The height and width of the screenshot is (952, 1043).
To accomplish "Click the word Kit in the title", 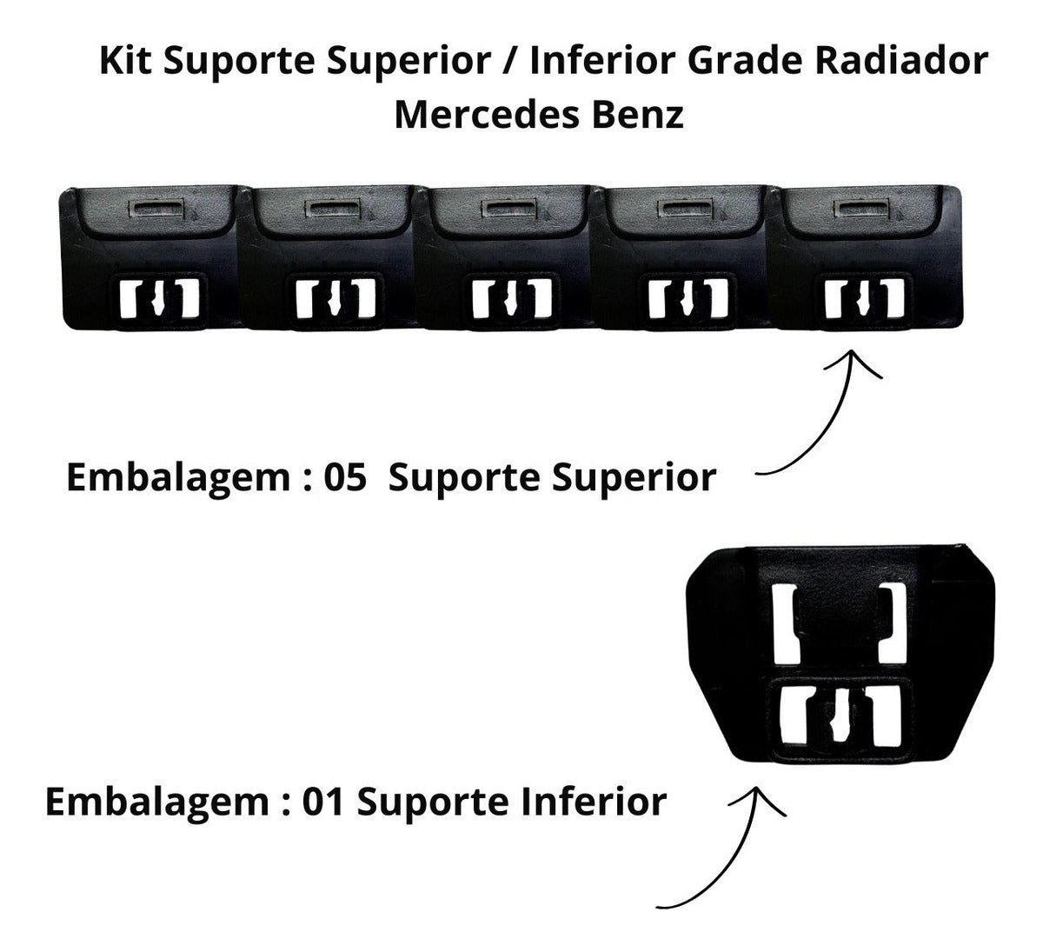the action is (x=125, y=61).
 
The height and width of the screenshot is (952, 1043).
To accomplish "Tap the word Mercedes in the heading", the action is (x=487, y=115).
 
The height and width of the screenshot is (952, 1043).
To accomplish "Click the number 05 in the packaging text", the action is (x=345, y=477).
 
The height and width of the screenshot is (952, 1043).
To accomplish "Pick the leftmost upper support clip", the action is (x=150, y=257).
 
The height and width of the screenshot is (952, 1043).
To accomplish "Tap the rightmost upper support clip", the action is (x=864, y=257).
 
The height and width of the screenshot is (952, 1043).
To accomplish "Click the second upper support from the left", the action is (x=328, y=257).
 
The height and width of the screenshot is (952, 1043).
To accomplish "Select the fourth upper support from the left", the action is (x=680, y=257).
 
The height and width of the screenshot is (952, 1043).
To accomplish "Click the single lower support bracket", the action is (x=840, y=656).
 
